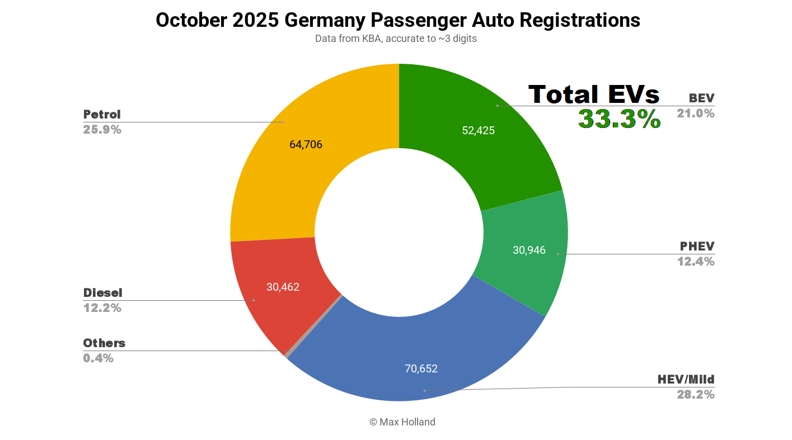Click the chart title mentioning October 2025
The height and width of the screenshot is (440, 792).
tap(397, 20)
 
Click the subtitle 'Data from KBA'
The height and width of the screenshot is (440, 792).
tap(396, 39)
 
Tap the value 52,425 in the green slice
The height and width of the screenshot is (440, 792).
tap(478, 130)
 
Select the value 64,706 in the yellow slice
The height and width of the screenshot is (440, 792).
tap(306, 144)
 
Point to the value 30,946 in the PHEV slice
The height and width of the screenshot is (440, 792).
tap(529, 250)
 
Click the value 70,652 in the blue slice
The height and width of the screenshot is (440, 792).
tap(421, 368)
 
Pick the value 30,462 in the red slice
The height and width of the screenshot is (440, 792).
tap(283, 287)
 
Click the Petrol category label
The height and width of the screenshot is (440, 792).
tap(102, 115)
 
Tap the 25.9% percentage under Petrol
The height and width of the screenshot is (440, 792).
tap(102, 130)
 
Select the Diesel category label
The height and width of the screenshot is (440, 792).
tap(102, 292)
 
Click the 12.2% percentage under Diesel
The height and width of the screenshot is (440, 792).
tap(102, 307)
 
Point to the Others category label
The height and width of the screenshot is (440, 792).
tap(104, 343)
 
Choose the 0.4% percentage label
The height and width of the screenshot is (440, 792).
tap(98, 358)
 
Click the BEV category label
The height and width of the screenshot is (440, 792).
tap(701, 98)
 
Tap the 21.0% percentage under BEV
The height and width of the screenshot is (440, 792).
tap(695, 113)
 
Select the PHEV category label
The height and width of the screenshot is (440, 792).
tap(697, 246)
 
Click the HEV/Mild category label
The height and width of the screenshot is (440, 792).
tap(686, 379)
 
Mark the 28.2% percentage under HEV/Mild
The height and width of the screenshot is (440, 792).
tap(695, 394)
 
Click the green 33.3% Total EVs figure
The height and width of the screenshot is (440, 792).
tap(619, 119)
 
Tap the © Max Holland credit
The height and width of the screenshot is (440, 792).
tap(402, 422)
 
